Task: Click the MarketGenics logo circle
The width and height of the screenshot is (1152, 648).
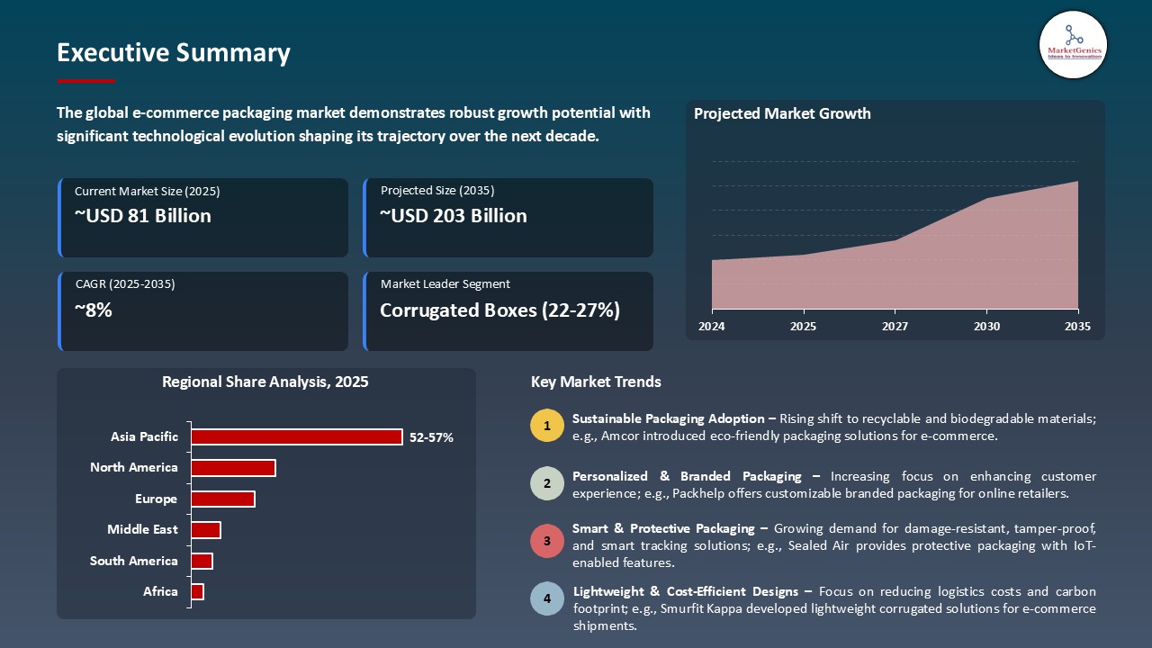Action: click(x=1073, y=44)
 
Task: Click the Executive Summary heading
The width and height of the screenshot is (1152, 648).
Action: click(x=174, y=53)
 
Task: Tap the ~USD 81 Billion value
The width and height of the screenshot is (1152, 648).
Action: click(x=143, y=216)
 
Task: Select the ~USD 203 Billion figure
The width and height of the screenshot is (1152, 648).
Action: click(x=453, y=216)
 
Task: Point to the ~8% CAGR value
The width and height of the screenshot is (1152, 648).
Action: click(x=94, y=310)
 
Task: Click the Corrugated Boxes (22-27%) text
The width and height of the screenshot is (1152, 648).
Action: click(x=499, y=310)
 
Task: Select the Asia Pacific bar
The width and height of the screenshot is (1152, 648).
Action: click(x=297, y=436)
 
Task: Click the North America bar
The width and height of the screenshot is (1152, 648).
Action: click(x=233, y=468)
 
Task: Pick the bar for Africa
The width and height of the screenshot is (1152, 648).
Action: click(x=197, y=591)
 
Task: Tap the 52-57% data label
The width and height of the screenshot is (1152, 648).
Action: click(x=431, y=437)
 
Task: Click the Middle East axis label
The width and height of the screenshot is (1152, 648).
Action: click(x=142, y=529)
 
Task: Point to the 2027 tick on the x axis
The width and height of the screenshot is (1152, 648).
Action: click(x=895, y=327)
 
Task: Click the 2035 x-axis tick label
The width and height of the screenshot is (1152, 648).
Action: click(x=1077, y=327)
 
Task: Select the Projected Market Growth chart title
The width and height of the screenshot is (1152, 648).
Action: click(x=782, y=114)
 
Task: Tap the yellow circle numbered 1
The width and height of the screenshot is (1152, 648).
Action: click(x=546, y=426)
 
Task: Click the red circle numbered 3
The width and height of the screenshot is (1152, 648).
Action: click(x=546, y=541)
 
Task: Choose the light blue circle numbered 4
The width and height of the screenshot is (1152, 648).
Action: click(x=546, y=598)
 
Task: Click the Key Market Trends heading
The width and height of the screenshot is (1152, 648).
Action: click(x=596, y=382)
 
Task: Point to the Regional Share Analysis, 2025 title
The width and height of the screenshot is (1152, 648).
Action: click(x=265, y=382)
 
